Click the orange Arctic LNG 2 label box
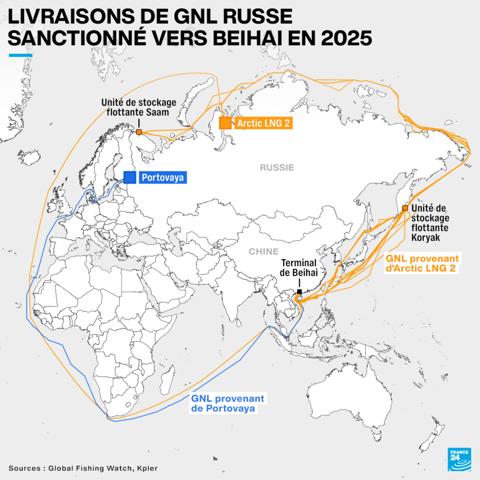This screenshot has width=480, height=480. click(x=263, y=123)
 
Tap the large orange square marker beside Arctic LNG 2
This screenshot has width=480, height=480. click(x=225, y=123)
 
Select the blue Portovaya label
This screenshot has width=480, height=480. click(x=163, y=178)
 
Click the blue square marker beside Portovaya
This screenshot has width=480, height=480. click(x=130, y=177)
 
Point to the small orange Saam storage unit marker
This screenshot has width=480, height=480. click(x=139, y=132)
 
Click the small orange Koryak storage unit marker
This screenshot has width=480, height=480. click(x=405, y=208)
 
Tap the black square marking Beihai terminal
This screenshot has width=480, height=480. click(x=300, y=291)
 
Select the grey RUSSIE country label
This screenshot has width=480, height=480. click(x=277, y=168)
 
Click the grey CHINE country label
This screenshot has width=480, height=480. click(x=264, y=252)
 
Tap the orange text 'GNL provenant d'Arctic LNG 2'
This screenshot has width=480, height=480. click(x=423, y=263)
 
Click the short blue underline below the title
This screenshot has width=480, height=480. click(x=21, y=55)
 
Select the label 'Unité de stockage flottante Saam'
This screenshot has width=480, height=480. click(x=139, y=107)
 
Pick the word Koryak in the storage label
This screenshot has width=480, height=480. click(x=426, y=238)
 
